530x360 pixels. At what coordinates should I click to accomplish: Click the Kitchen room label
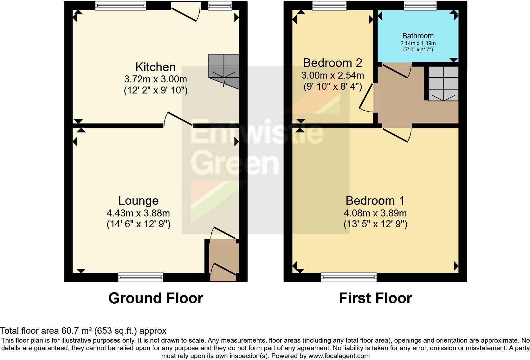[155, 67]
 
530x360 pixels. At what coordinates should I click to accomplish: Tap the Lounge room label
[138, 201]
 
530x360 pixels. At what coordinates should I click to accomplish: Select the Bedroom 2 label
[332, 63]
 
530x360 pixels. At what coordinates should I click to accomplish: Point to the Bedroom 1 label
[375, 201]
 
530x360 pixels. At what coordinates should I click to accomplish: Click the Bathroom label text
[418, 36]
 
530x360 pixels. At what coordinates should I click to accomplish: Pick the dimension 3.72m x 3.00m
[155, 79]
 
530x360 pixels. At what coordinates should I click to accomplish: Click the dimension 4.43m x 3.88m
[138, 213]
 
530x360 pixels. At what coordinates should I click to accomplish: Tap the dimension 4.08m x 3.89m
[375, 213]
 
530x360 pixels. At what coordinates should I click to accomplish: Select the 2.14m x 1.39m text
[418, 43]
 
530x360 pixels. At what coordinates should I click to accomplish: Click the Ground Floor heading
[156, 298]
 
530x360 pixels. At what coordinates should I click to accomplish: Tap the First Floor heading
[375, 298]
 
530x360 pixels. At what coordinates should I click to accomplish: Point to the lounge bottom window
[141, 277]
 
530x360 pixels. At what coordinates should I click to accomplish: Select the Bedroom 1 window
[349, 277]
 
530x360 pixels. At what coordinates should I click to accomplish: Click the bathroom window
[420, 5]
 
